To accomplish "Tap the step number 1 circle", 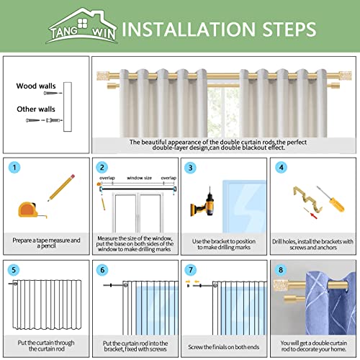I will point(15,168).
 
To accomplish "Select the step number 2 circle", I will point(103,168).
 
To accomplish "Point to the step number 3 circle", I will point(190,168).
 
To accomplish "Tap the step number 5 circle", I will point(15,270).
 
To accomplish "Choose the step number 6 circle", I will point(103,270).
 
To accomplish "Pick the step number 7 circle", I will point(190,270).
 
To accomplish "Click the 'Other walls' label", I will point(36,109).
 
